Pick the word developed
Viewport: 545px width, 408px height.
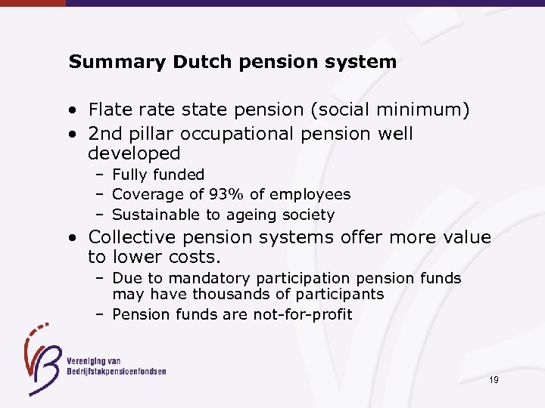[x=134, y=154]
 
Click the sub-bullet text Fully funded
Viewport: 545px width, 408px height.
[x=158, y=175]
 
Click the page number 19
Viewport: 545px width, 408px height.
[x=493, y=380]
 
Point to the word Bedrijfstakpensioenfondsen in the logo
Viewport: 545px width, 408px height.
[x=117, y=371]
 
